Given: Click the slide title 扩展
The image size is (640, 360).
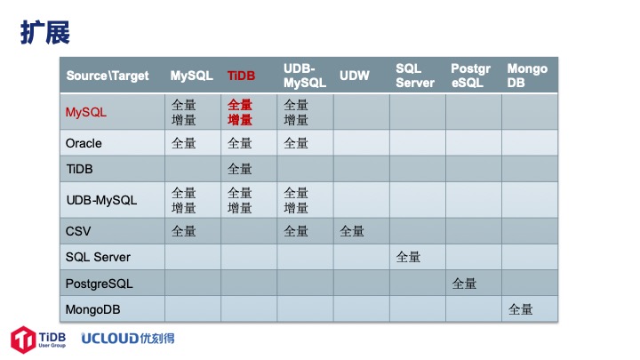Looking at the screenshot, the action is [45, 32].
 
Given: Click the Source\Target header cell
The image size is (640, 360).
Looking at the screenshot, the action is [108, 76].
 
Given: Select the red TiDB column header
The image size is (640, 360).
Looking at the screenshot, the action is [241, 76].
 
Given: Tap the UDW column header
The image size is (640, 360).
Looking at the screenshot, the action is [355, 76].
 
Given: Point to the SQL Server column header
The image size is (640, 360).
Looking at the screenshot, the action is [415, 76].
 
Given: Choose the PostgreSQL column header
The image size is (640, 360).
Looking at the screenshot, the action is [470, 76].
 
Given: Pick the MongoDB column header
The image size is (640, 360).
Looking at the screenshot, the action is [527, 76].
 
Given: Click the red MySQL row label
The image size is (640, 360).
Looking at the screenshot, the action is [85, 112].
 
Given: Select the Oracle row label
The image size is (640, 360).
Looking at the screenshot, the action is [84, 143].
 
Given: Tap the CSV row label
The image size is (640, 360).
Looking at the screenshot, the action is [78, 231].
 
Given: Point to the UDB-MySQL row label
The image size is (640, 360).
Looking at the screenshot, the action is [101, 200].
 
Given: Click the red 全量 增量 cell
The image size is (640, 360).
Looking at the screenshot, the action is [240, 112].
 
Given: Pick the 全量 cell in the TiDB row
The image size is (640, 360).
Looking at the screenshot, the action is [240, 169].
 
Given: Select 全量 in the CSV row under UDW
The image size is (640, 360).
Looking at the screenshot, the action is [352, 231].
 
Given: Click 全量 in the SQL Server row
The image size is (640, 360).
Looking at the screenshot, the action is [408, 257].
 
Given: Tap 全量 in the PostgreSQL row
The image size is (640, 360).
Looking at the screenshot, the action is [464, 284].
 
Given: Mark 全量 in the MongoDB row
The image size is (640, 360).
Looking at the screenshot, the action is [520, 309].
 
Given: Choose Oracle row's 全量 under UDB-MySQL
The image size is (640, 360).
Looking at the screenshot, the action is [295, 143].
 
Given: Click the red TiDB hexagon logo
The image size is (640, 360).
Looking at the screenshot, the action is [23, 340].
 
